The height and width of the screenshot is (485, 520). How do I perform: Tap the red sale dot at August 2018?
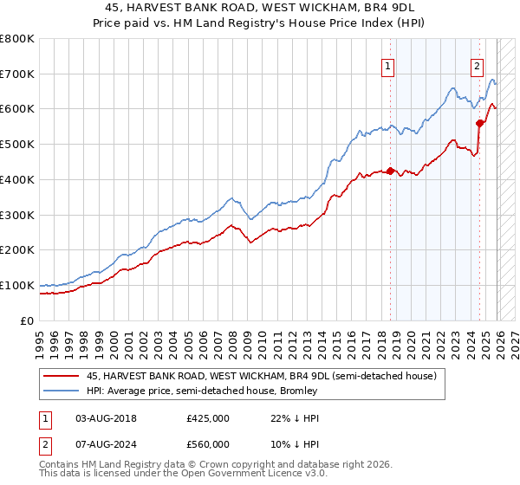coord(390,171)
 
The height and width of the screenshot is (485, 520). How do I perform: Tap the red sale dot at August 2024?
coord(479,123)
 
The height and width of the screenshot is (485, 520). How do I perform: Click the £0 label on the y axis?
coord(28,320)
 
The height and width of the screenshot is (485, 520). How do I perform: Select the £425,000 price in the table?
coord(208,417)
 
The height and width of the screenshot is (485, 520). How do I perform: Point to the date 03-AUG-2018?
coord(107,417)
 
